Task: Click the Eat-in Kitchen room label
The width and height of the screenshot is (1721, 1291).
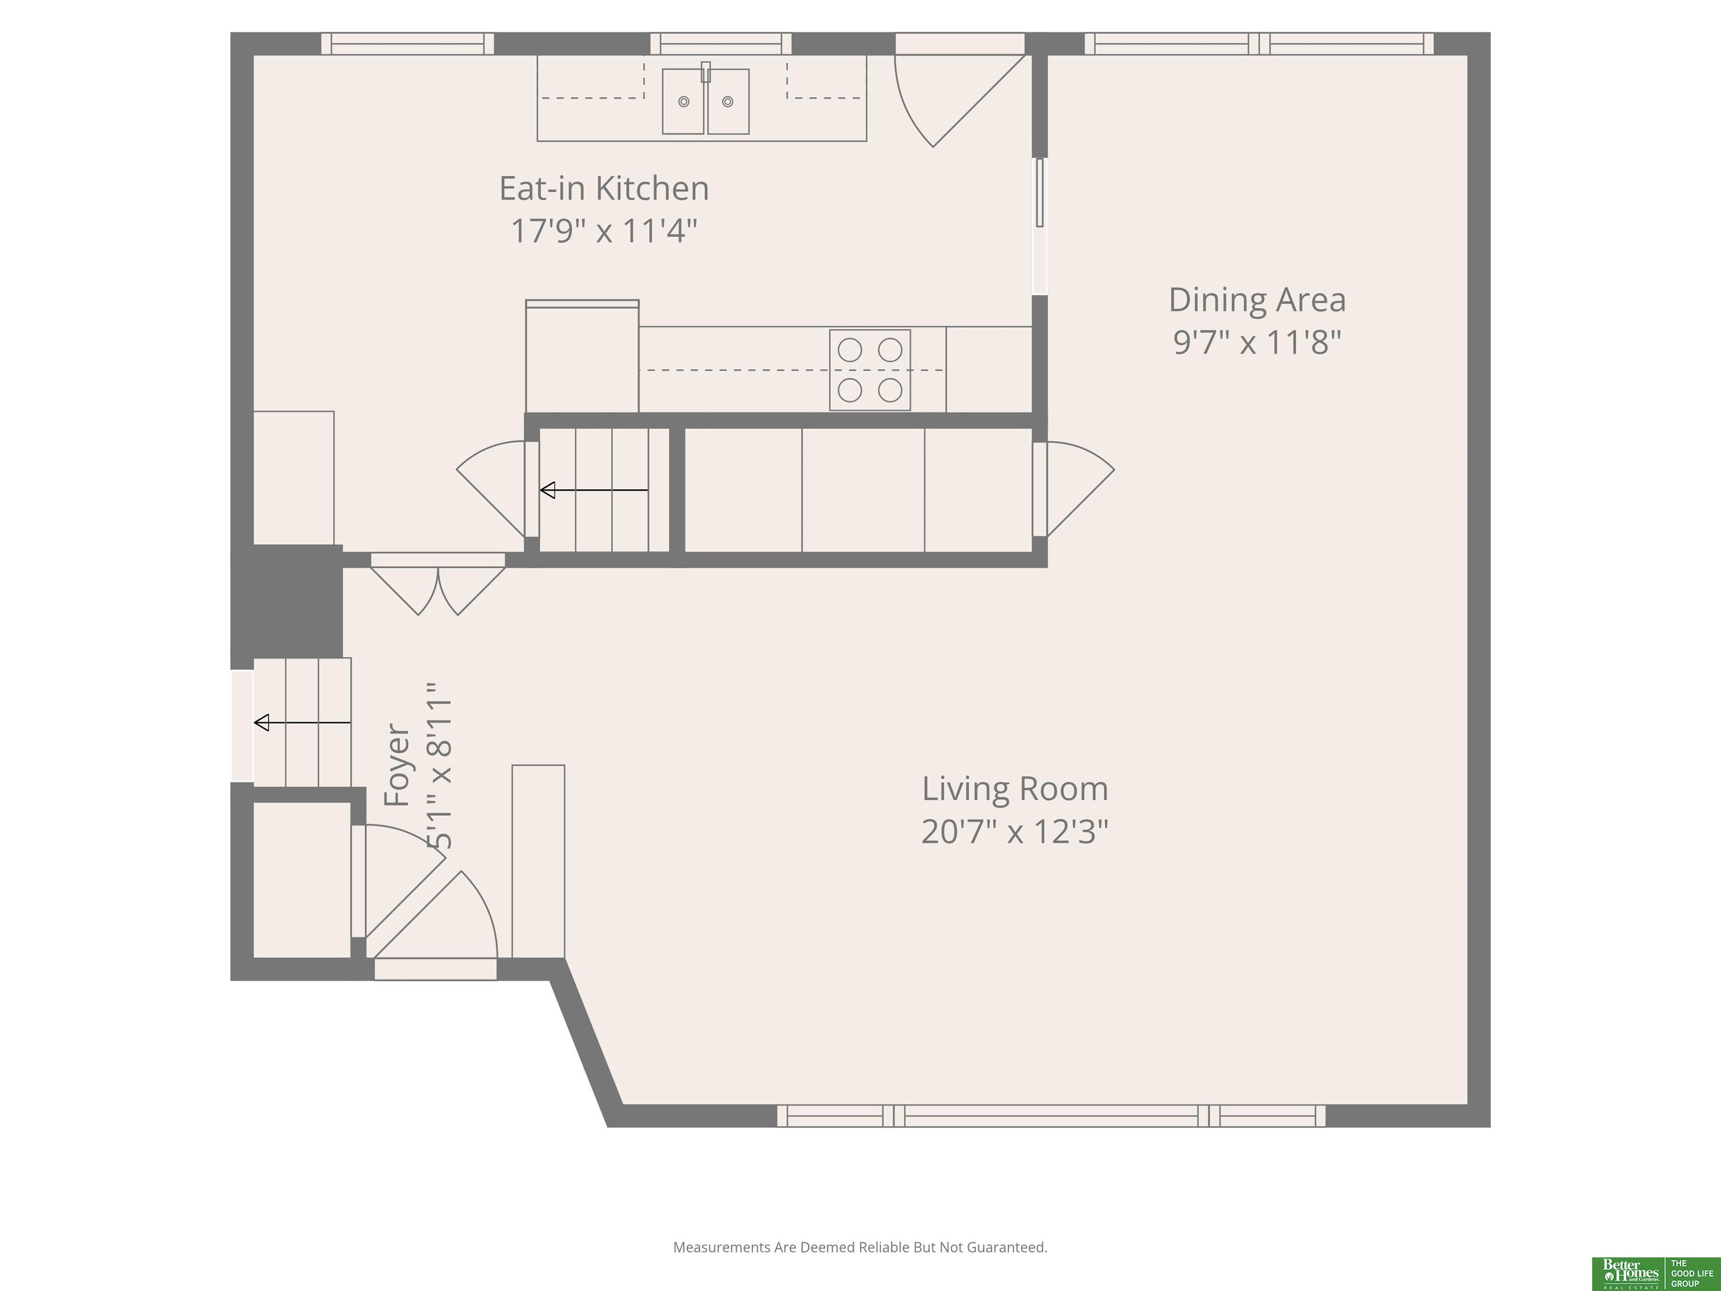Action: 604,188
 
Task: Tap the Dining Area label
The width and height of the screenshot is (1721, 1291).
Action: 1257,300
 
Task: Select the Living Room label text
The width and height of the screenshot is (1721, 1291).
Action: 1015,789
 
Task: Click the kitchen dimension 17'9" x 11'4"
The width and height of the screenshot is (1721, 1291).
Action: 604,230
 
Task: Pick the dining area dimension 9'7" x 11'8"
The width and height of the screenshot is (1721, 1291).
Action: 1257,342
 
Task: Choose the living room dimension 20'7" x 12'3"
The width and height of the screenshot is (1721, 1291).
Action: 1015,831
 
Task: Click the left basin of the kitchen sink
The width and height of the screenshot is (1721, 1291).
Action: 683,101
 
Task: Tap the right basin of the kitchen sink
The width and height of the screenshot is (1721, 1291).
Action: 728,101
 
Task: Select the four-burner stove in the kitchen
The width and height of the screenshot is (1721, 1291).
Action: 870,370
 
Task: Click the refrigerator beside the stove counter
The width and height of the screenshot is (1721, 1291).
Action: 582,356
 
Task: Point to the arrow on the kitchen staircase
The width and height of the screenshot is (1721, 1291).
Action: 594,490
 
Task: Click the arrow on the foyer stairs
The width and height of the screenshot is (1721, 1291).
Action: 303,723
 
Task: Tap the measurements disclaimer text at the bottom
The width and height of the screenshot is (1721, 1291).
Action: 860,1247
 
